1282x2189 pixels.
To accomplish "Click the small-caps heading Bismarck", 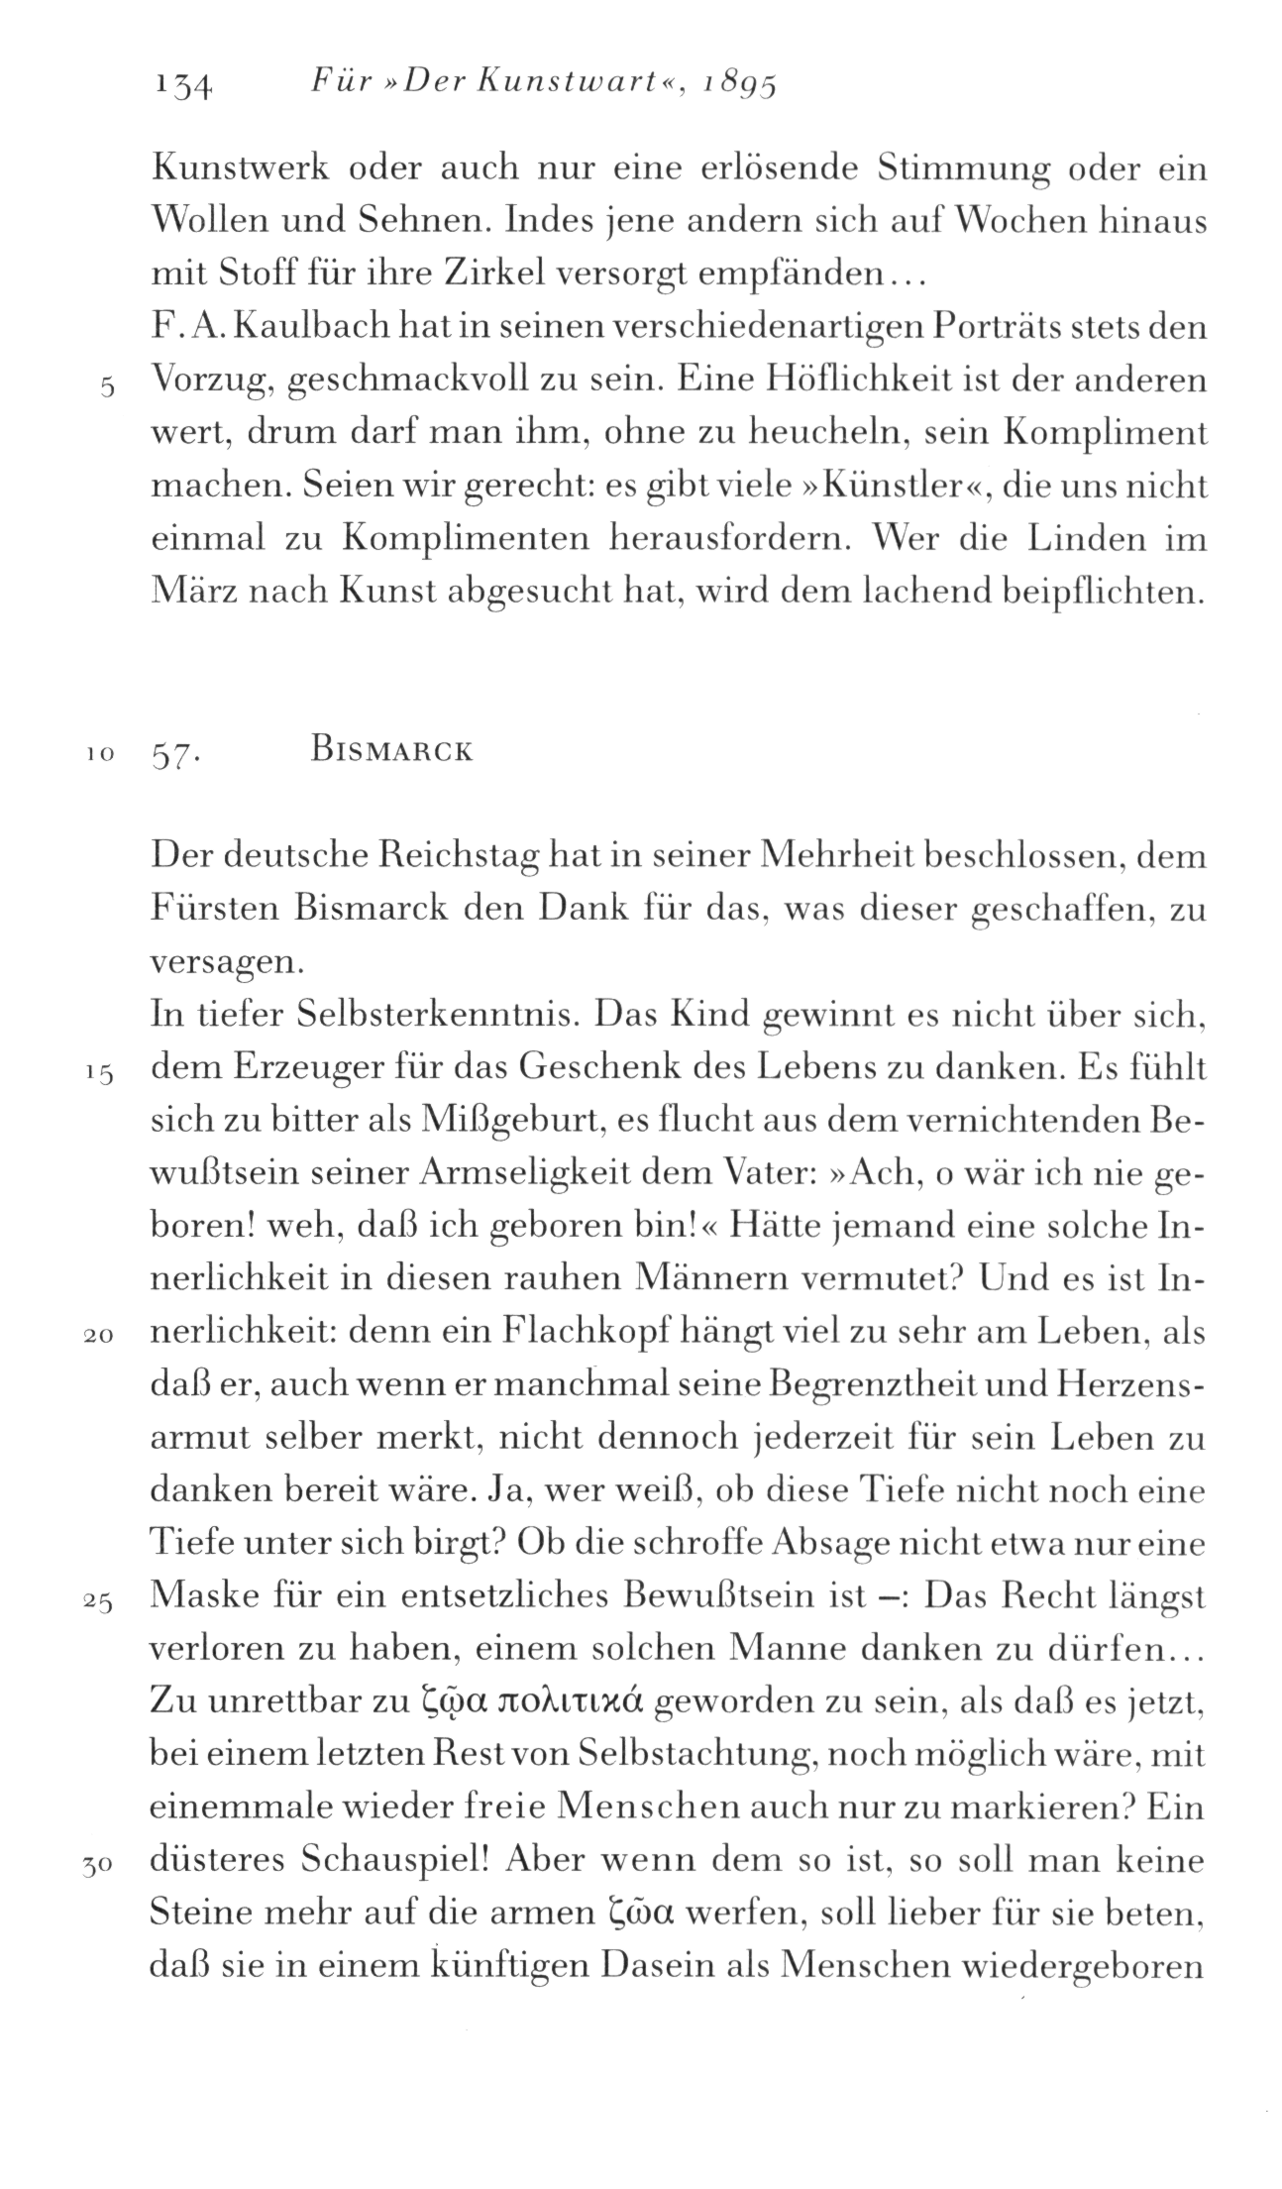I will click(390, 751).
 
